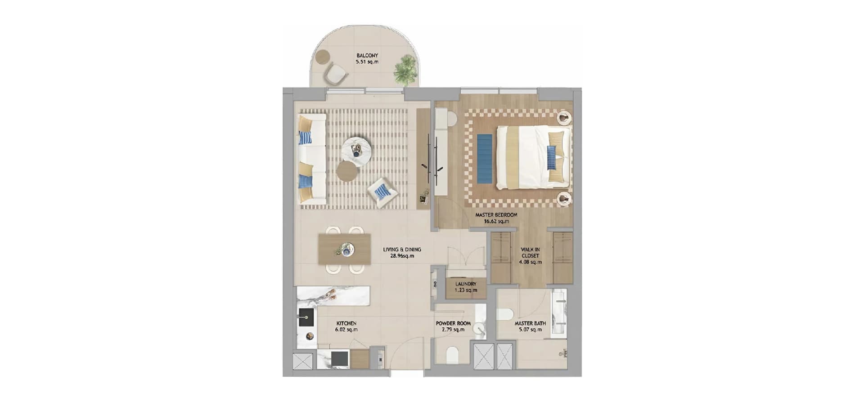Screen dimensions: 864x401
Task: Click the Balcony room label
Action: click(367, 56)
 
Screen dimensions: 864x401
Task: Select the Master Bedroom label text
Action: click(496, 215)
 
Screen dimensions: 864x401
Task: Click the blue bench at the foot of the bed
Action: click(485, 159)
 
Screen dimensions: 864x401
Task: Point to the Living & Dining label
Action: click(402, 250)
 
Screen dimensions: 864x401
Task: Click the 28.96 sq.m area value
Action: click(402, 256)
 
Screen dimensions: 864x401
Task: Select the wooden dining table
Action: click(344, 249)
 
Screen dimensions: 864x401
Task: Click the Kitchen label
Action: click(346, 323)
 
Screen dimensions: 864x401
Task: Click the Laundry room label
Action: click(466, 284)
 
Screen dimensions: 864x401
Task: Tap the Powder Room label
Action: click(453, 323)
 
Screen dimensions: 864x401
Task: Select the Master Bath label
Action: click(530, 323)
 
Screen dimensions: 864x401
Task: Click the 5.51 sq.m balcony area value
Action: click(367, 62)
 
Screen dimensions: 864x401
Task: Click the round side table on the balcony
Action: click(322, 58)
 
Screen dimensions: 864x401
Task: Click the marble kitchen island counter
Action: click(333, 296)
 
